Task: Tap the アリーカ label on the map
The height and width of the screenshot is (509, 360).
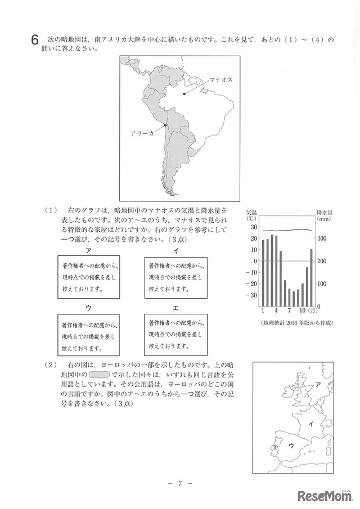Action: click(142, 134)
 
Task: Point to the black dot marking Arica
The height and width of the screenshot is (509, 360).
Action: click(165, 125)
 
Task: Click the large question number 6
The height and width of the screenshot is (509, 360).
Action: click(35, 40)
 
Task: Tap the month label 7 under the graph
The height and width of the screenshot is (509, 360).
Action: click(289, 310)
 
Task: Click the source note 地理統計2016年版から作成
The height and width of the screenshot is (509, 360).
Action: click(298, 323)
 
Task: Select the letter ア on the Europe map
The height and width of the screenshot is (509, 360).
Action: click(318, 385)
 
